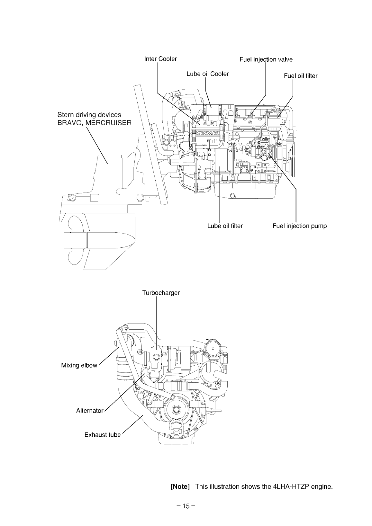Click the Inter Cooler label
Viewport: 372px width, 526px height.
tap(160, 59)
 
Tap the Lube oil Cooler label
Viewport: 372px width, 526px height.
tap(207, 74)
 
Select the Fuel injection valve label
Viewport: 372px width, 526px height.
tap(266, 59)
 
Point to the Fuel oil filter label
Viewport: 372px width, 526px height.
tap(300, 76)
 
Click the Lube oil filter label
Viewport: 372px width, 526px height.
tap(225, 226)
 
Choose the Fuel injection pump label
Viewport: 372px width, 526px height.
tap(299, 226)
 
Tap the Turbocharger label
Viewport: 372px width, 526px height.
tap(161, 293)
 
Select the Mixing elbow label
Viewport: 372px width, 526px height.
tap(79, 365)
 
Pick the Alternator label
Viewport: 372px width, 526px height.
tap(90, 411)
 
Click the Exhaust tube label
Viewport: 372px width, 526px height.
tap(102, 435)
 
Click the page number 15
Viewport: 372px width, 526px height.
tap(186, 506)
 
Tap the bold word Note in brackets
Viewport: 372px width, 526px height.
tap(180, 486)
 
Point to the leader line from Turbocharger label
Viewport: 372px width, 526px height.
tap(156, 321)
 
